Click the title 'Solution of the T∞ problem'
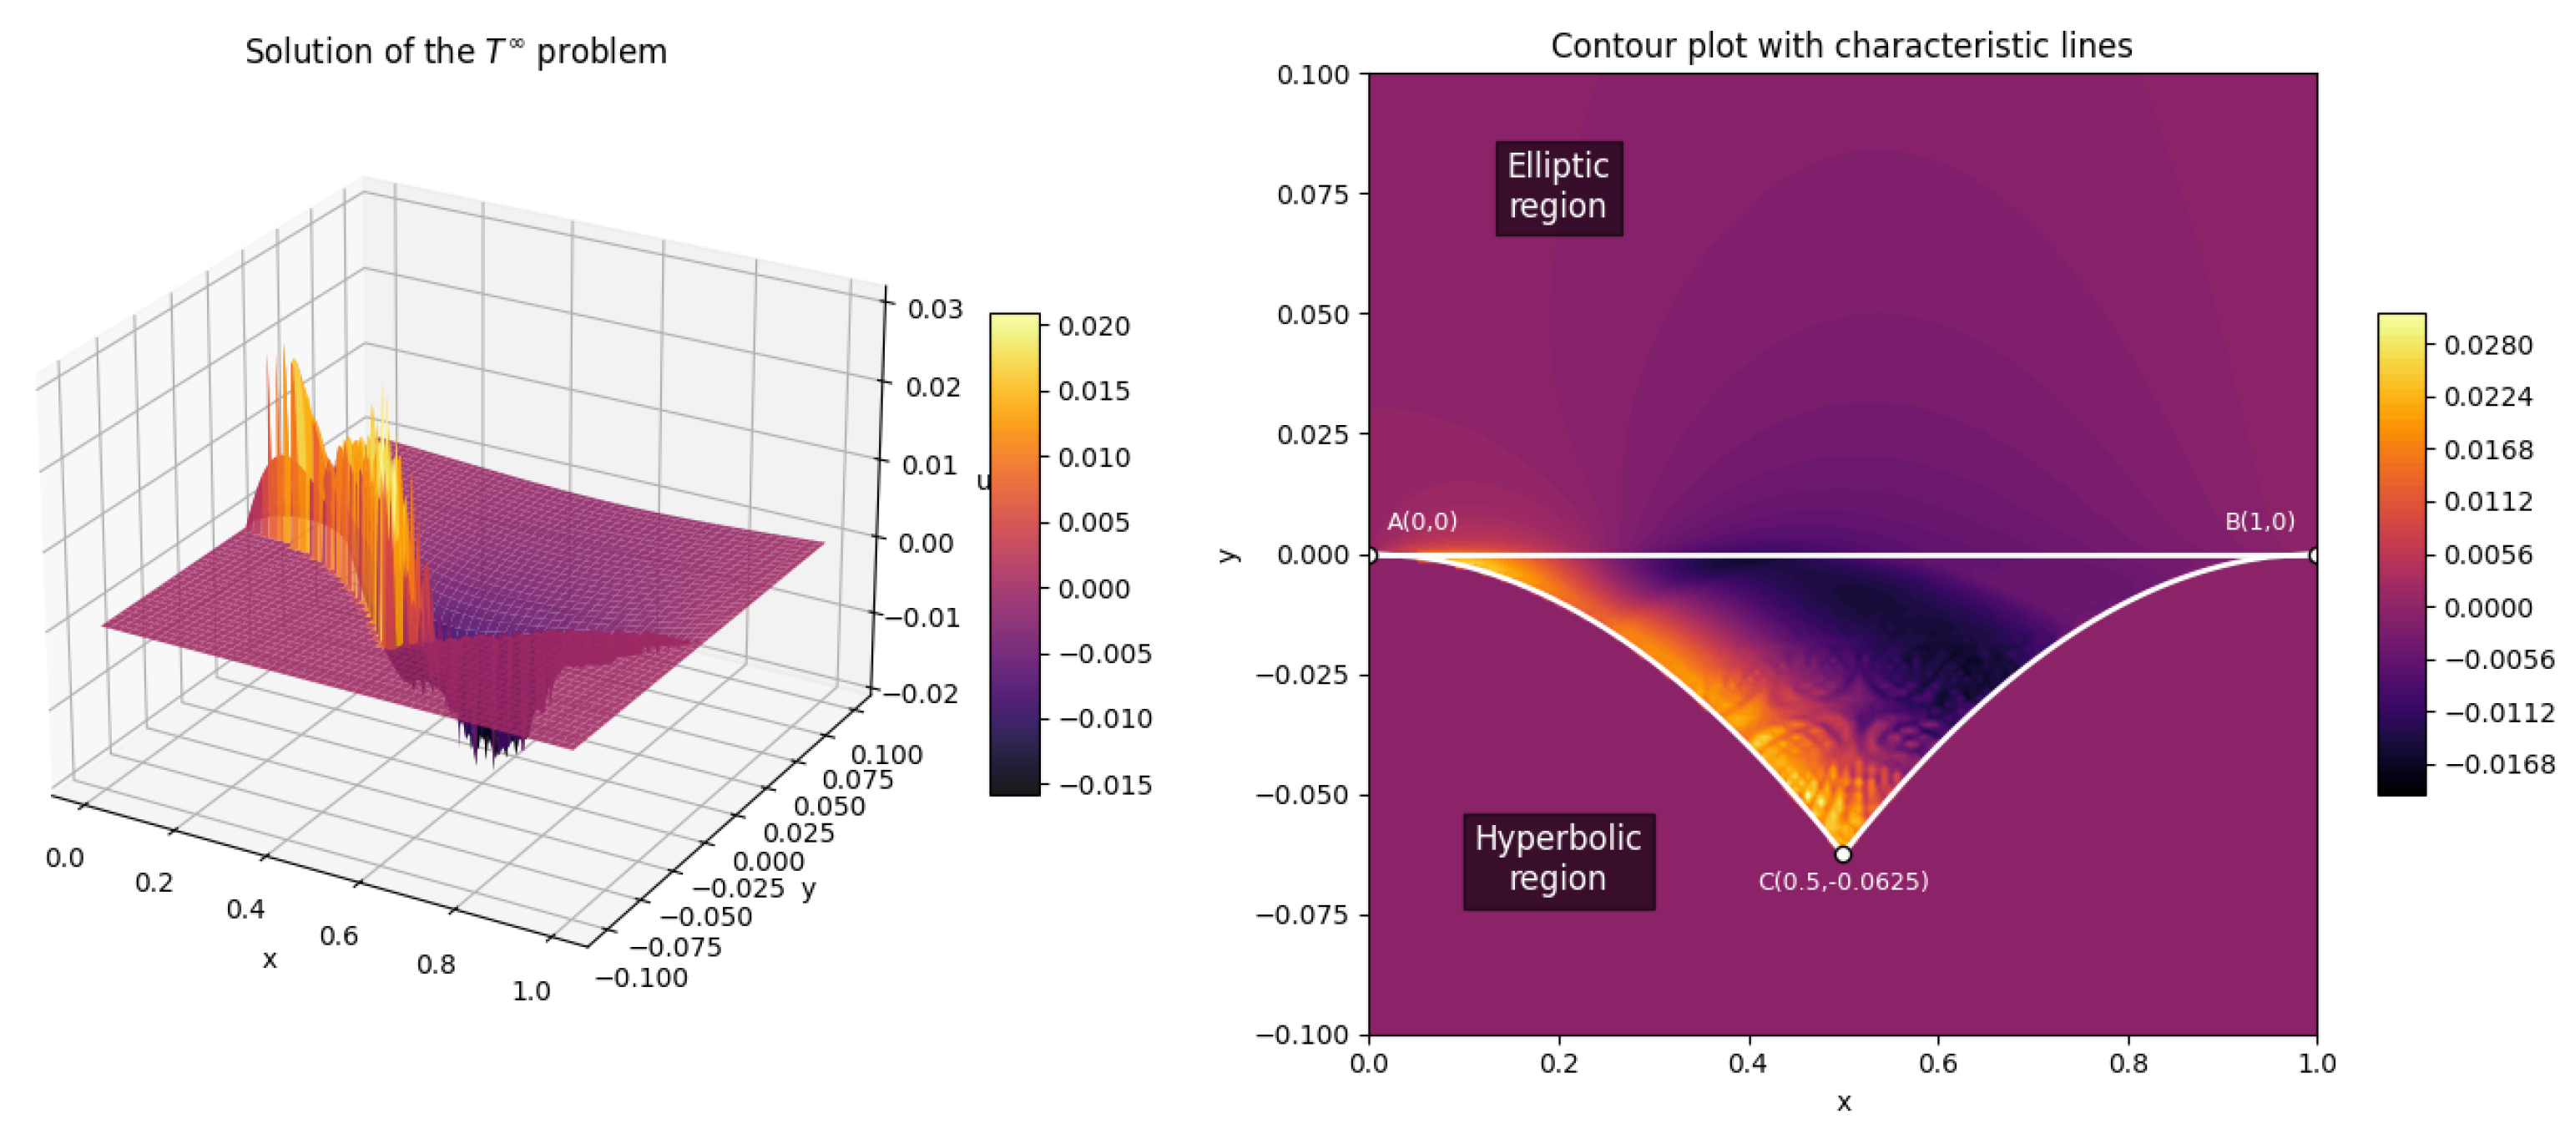pos(456,51)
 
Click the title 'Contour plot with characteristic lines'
pos(1841,46)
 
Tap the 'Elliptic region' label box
pos(1558,187)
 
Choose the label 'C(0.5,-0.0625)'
pos(1843,881)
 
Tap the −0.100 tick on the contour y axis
pos(1302,1034)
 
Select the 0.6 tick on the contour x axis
pos(1937,1062)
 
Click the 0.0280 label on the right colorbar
pos(2488,345)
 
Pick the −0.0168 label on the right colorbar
pos(2499,764)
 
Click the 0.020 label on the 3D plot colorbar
pos(1093,326)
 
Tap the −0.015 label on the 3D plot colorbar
pos(1104,785)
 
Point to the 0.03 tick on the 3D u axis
pos(935,308)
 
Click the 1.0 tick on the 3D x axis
pos(531,991)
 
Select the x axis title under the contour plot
pos(1843,1102)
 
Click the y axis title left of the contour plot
pos(1229,555)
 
